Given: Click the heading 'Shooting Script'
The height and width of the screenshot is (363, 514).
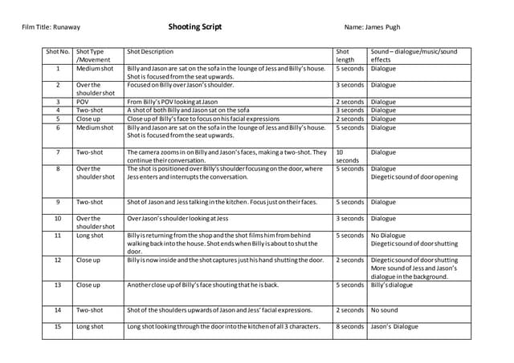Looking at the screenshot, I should coord(195,26).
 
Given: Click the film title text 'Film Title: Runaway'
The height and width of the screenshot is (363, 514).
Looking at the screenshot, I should coord(51,27).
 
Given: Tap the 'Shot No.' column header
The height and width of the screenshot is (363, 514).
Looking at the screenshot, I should coord(58,52).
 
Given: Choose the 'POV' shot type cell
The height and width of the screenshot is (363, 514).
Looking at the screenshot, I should coord(83,102).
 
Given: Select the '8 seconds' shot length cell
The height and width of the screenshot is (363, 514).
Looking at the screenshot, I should coord(349,326).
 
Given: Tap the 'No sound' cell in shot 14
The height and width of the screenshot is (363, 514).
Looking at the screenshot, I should coord(384,309).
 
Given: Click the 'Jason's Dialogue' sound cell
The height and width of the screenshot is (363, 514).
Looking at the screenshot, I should coord(394,326).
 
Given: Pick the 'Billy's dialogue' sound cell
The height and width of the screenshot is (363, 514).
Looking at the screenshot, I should coord(390,284).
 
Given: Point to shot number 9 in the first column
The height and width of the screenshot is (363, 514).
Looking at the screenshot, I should coord(58,202).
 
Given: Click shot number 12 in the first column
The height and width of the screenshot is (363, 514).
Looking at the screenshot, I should coord(58,260).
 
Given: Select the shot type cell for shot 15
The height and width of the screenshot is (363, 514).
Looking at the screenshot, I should coord(89,326).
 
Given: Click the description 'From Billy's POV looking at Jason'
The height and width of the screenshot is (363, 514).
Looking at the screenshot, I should coord(173,102).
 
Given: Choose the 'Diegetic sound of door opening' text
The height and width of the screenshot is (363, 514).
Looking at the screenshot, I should coord(414,177).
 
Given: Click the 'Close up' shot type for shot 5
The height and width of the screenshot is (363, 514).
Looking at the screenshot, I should coord(88,119).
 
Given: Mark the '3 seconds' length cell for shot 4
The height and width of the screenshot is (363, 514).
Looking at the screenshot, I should coord(349,110).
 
